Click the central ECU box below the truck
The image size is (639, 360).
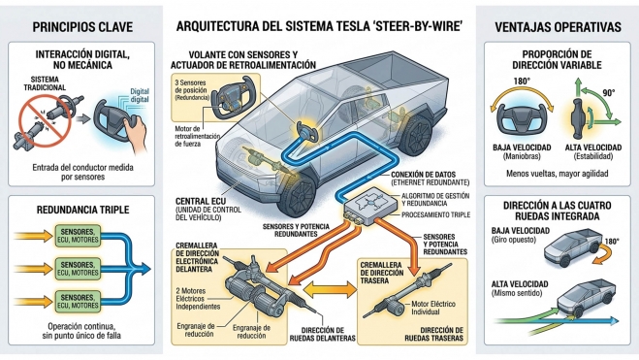(367, 205)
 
